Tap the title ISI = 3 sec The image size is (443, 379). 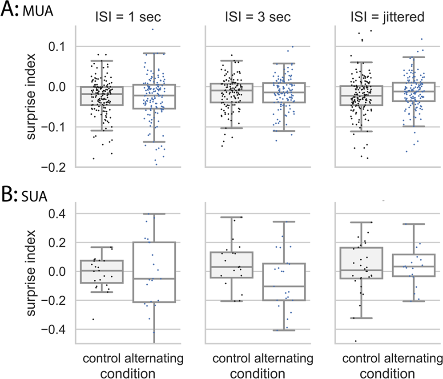257,19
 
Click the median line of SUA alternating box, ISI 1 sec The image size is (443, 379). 153,279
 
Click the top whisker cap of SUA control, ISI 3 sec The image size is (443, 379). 231,218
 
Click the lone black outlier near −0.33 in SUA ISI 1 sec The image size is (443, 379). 93,319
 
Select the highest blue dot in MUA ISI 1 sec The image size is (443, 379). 152,29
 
